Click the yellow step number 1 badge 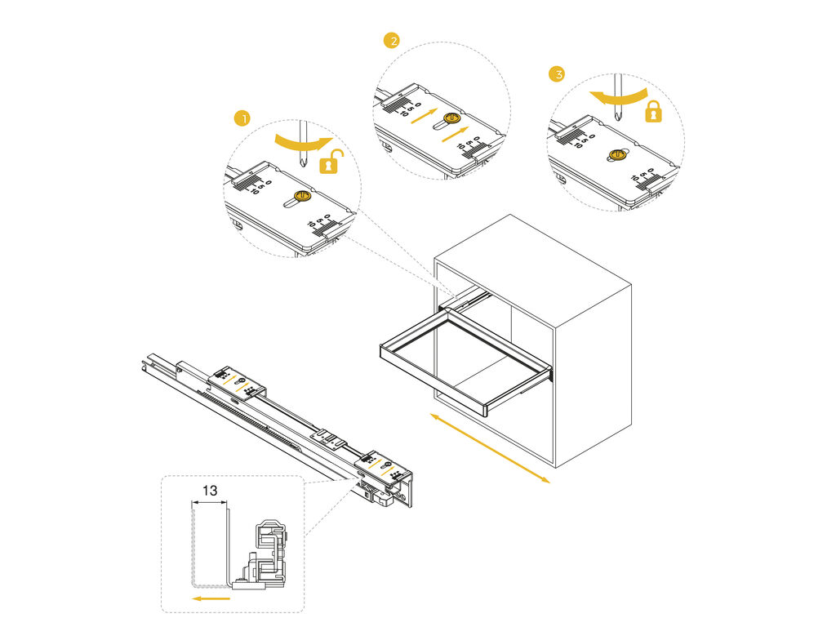pyautogui.click(x=241, y=119)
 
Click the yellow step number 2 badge pyautogui.click(x=392, y=40)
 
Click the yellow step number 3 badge pyautogui.click(x=557, y=74)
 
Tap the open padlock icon pyautogui.click(x=330, y=162)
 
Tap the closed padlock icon pyautogui.click(x=652, y=112)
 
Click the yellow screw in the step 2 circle pyautogui.click(x=451, y=120)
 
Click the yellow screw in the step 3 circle pyautogui.click(x=617, y=154)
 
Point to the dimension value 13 pyautogui.click(x=210, y=491)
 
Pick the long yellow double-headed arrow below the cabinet pyautogui.click(x=490, y=448)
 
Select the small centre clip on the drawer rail pyautogui.click(x=331, y=438)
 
